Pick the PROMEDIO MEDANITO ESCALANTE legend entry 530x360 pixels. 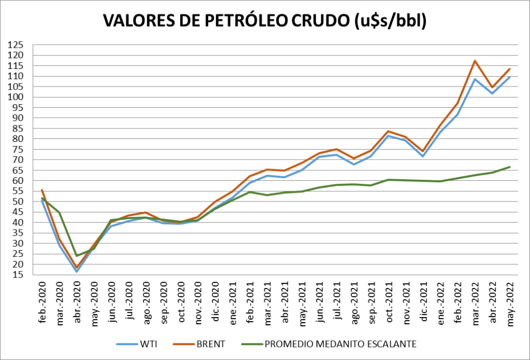339,343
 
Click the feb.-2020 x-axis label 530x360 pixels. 42,303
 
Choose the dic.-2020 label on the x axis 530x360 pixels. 216,303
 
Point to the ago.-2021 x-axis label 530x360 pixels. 354,303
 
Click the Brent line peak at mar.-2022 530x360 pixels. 475,61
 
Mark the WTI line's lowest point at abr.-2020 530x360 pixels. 77,271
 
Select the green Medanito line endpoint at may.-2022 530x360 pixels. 510,167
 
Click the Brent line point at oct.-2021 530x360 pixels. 389,131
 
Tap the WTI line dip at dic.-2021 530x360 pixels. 423,156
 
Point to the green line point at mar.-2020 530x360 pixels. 60,212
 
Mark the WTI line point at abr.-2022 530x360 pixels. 492,93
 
